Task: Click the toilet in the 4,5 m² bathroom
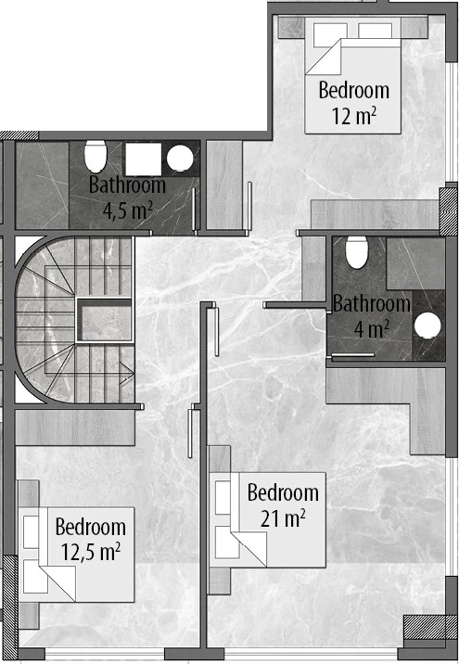96,156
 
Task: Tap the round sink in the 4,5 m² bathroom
180,159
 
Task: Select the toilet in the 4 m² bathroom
356,252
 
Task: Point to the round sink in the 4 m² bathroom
427,326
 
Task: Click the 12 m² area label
354,116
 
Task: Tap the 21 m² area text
283,518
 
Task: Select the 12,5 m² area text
91,552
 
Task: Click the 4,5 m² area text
128,211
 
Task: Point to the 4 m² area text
372,328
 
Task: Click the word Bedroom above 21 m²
283,492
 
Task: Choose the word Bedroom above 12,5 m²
91,527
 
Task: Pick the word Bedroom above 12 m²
354,90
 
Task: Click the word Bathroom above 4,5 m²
127,185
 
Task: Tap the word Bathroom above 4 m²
372,303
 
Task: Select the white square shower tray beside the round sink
144,160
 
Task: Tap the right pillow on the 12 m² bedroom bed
376,31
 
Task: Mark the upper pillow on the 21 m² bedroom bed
223,498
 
